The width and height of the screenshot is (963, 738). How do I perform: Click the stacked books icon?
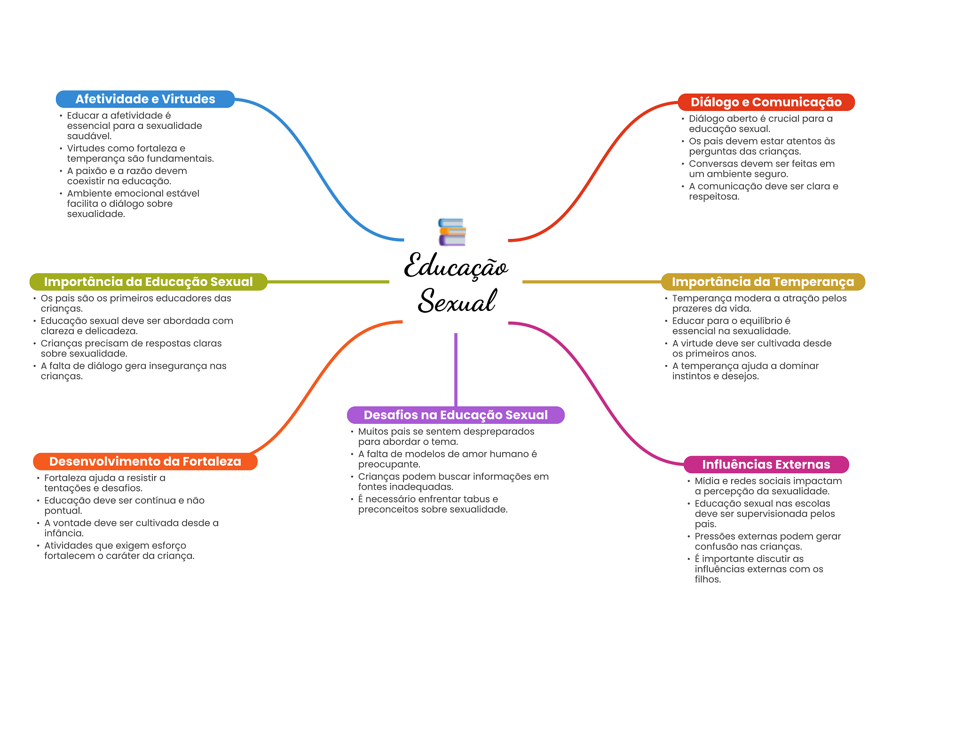tap(452, 232)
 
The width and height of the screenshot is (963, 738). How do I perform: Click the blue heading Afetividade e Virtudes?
tap(145, 99)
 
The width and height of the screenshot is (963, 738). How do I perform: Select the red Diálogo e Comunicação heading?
tap(766, 102)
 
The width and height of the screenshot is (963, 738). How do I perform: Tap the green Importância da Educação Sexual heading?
tap(149, 282)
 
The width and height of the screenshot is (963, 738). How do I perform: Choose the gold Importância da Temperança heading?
tap(763, 282)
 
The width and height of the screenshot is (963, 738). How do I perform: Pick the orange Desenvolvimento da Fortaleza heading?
tap(145, 461)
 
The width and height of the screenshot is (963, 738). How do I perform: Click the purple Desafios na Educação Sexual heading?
tap(456, 415)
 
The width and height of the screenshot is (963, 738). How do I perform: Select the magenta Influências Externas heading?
tap(766, 465)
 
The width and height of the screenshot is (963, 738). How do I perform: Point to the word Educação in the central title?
tap(456, 266)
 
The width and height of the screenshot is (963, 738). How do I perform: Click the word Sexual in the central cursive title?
tap(457, 301)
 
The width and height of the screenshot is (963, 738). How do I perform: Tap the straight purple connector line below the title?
tap(456, 370)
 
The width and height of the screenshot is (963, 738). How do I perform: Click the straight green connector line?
tap(328, 282)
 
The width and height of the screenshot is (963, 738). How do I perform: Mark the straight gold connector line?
tap(592, 282)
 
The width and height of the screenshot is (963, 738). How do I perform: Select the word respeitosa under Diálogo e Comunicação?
tap(714, 197)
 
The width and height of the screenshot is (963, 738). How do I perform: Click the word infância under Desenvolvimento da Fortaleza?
tap(63, 533)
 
